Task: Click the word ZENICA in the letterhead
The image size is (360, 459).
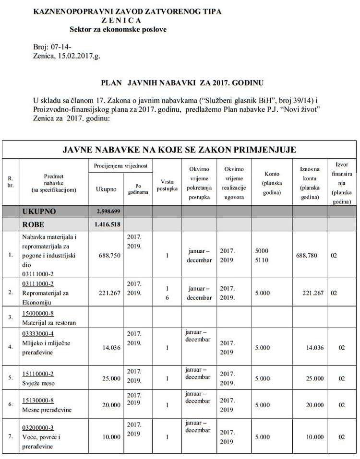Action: click(121, 20)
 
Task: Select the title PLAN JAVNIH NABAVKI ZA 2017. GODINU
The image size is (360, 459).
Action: click(182, 82)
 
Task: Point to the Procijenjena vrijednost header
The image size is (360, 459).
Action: click(120, 165)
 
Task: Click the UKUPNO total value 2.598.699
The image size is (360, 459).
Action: click(108, 212)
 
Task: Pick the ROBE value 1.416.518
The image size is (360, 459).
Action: click(108, 224)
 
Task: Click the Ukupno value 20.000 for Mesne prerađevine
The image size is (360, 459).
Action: click(110, 405)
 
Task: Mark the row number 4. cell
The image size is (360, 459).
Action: click(11, 346)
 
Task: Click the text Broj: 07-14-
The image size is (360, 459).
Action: click(47, 47)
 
